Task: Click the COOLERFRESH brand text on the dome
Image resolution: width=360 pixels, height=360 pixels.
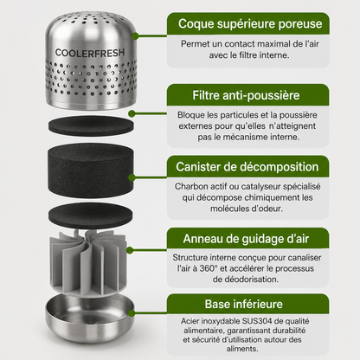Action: click(x=90, y=53)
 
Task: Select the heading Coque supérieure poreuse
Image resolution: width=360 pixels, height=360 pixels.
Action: click(x=250, y=23)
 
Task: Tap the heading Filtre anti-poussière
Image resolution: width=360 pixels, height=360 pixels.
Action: click(x=246, y=95)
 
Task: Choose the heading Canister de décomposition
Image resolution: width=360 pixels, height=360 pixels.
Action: click(x=247, y=167)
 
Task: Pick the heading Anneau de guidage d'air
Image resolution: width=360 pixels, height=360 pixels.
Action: click(x=246, y=239)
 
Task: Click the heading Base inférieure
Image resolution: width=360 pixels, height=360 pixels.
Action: click(x=244, y=304)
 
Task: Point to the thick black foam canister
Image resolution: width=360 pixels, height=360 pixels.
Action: click(x=91, y=170)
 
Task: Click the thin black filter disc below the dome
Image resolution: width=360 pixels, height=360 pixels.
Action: click(x=91, y=125)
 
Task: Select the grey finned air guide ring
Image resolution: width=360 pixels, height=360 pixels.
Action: click(x=88, y=262)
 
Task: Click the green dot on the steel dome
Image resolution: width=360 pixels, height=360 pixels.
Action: click(x=135, y=36)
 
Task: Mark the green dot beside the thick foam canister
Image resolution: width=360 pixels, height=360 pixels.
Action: click(x=132, y=177)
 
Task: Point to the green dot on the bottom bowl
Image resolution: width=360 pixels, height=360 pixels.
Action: click(x=132, y=313)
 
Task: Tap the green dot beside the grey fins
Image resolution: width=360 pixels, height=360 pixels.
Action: click(x=130, y=250)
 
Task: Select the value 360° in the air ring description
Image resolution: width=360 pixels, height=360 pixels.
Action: click(x=209, y=268)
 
